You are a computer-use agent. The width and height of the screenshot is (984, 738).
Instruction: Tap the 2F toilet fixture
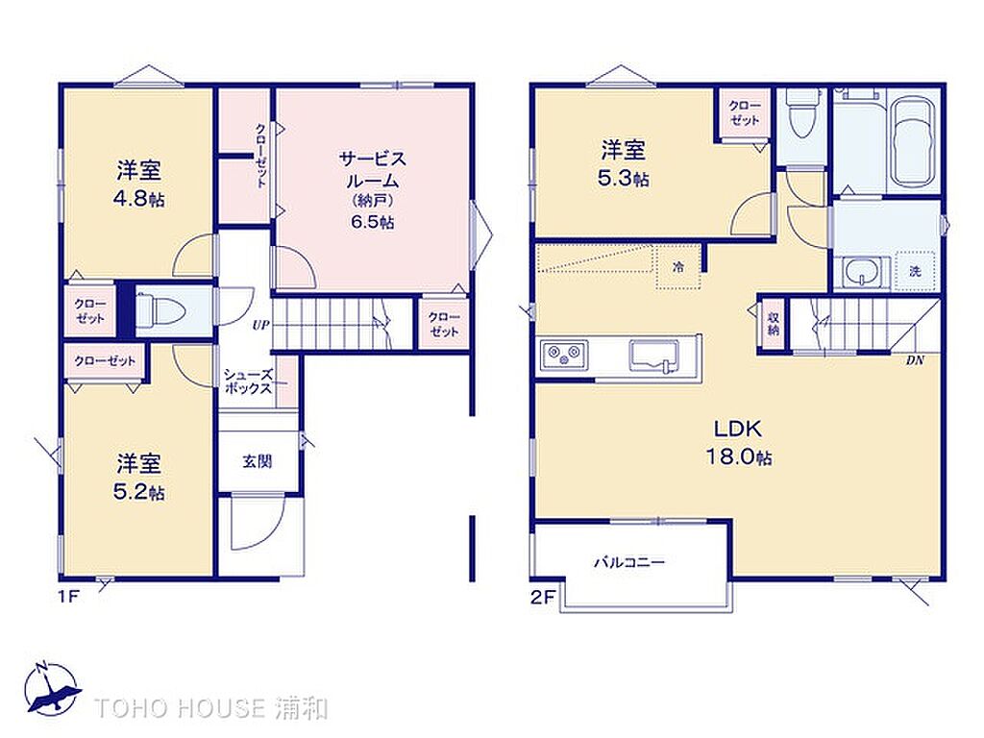pos(801,113)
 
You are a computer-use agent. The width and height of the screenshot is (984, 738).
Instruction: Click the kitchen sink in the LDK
pos(653,356)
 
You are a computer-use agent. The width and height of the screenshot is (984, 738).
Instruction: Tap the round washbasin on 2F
pos(857,273)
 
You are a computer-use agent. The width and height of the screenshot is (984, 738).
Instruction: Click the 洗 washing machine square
pos(916,271)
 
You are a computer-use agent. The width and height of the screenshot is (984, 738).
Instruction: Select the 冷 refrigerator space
pos(678,267)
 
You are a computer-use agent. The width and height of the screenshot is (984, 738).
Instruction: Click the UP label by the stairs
pos(260,325)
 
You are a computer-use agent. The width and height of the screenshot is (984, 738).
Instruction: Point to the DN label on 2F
pos(915,361)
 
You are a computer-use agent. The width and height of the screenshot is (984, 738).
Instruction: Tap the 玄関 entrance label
pos(258,461)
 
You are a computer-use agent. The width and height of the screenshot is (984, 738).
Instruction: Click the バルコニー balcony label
pos(628,561)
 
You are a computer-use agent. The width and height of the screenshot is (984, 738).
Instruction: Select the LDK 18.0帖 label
pos(739,442)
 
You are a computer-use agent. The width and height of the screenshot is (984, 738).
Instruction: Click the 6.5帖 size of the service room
pos(373,222)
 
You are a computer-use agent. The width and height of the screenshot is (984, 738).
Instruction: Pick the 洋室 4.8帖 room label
pos(138,184)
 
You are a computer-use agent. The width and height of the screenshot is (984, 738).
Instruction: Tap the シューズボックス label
pos(249,381)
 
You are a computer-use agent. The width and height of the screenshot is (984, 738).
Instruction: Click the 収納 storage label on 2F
pos(773,322)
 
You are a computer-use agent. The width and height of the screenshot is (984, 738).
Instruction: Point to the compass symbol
pos(53,688)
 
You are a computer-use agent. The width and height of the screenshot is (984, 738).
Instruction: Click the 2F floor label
pos(543,597)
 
